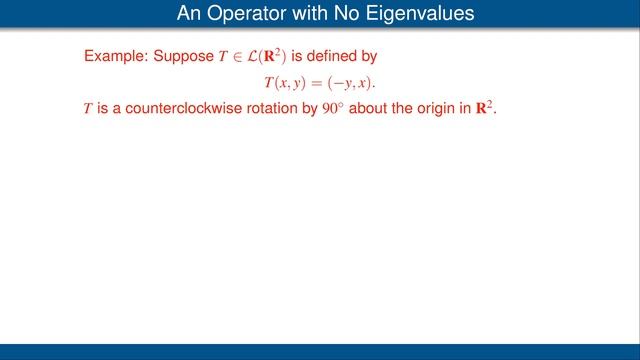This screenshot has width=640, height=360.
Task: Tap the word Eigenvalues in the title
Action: tap(410, 14)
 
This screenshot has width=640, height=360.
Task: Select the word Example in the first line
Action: tap(114, 57)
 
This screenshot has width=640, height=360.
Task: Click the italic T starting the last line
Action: tap(88, 107)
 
